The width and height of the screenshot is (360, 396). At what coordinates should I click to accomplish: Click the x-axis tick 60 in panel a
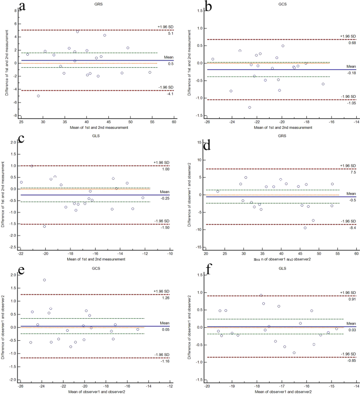(x=174, y=121)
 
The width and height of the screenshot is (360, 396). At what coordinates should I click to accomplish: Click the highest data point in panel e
(x=44, y=280)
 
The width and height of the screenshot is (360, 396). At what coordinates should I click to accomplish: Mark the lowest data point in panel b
(x=250, y=107)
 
